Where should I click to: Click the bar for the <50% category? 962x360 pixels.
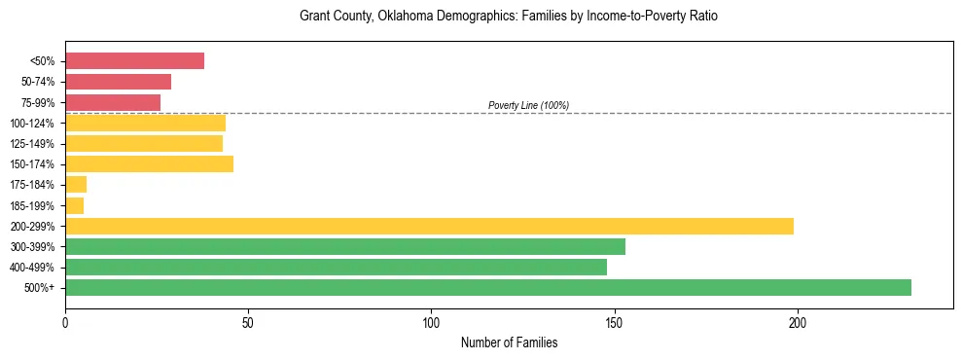[x=134, y=61]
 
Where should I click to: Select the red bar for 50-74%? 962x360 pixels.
[x=118, y=82]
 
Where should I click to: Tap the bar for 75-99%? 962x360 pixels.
[x=113, y=102]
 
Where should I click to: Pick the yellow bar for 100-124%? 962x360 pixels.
[x=145, y=123]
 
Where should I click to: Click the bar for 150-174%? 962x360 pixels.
[x=149, y=164]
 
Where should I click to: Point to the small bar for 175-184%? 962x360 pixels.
[x=76, y=185]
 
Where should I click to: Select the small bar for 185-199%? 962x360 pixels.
[x=74, y=205]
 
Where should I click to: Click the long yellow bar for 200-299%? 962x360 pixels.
[x=429, y=226]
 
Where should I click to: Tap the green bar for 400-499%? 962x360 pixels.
[x=336, y=267]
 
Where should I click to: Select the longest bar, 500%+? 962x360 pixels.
[x=488, y=287]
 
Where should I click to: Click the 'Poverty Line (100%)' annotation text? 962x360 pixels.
[x=528, y=105]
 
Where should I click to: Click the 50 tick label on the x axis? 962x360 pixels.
[x=248, y=322]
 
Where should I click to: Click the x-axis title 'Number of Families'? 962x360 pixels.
[x=509, y=342]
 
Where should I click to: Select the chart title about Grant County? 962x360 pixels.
[x=509, y=17]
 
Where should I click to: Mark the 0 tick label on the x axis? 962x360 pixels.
[x=65, y=322]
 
